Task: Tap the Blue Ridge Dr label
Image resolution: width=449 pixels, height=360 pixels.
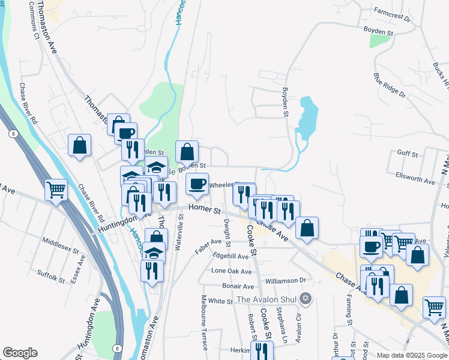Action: point(390,85)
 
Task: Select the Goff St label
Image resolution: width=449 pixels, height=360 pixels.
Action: point(407,154)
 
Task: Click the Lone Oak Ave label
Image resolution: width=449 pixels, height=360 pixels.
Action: point(231,271)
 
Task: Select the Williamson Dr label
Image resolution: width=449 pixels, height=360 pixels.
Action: point(286,280)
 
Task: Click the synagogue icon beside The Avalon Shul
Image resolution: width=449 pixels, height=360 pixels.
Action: point(306,298)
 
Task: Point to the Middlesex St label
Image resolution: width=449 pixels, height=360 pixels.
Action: point(60,244)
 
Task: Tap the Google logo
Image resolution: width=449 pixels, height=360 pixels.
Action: point(20,353)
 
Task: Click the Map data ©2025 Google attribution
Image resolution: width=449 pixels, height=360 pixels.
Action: point(412,355)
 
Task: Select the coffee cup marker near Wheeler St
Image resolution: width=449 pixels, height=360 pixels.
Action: point(196,185)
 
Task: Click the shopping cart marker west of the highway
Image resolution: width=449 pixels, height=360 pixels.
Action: point(56,190)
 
